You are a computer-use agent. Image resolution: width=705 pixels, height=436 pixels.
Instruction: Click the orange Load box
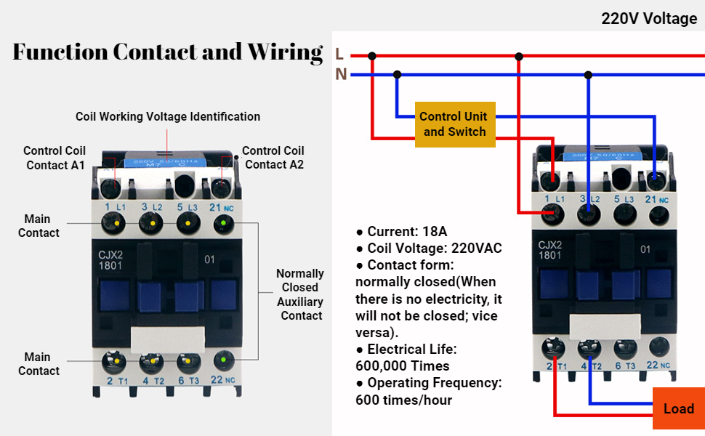click(x=678, y=408)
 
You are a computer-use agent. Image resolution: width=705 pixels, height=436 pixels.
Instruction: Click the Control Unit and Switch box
click(x=454, y=124)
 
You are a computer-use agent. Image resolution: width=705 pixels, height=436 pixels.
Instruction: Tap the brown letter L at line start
click(x=339, y=54)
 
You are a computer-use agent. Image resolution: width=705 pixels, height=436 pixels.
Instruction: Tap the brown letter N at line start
click(x=340, y=74)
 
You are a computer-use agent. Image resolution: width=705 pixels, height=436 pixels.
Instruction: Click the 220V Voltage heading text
click(x=648, y=19)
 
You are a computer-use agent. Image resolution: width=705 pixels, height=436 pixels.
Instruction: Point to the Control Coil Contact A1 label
click(x=55, y=158)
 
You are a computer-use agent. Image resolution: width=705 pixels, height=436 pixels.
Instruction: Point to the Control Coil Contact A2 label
click(x=273, y=158)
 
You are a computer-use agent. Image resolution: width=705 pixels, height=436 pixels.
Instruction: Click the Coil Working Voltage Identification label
click(x=168, y=116)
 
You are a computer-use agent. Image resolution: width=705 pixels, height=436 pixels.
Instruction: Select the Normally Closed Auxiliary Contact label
click(x=300, y=294)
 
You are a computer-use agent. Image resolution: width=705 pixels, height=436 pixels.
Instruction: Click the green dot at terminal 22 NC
click(x=224, y=360)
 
